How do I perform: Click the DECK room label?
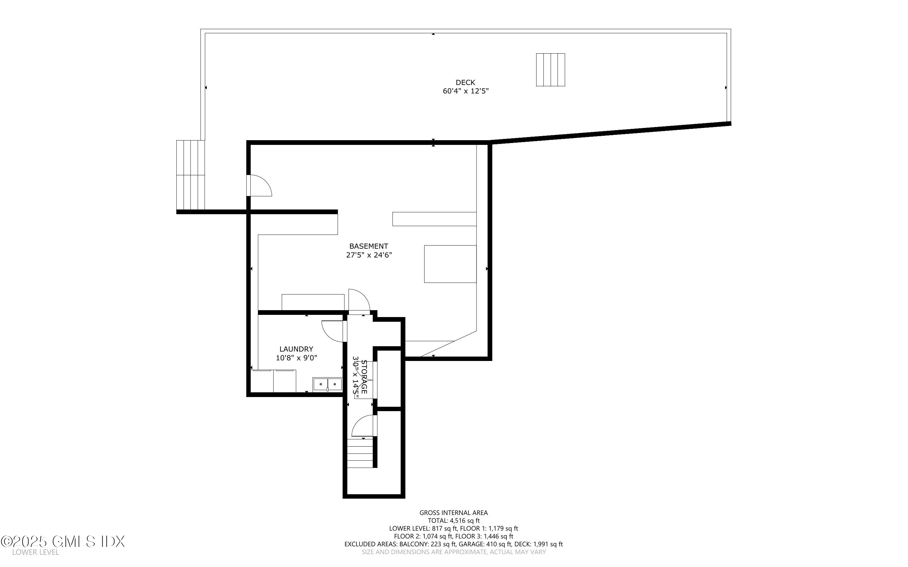pyautogui.click(x=465, y=82)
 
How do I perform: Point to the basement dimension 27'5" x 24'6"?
pyautogui.click(x=369, y=255)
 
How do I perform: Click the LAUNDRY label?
pyautogui.click(x=296, y=349)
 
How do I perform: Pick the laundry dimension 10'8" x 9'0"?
pyautogui.click(x=296, y=358)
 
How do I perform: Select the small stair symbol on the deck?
pyautogui.click(x=550, y=70)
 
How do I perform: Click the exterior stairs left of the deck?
pyautogui.click(x=190, y=175)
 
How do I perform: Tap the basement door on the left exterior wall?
pyautogui.click(x=259, y=186)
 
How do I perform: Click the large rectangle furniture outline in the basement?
pyautogui.click(x=450, y=264)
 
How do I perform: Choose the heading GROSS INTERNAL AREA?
pyautogui.click(x=453, y=513)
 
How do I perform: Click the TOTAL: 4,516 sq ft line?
pyautogui.click(x=453, y=521)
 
